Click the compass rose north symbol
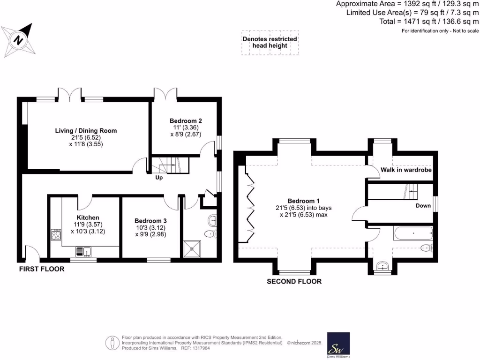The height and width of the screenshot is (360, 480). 18,40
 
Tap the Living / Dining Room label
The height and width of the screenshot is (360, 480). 86,131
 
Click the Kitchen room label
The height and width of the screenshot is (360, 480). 88,217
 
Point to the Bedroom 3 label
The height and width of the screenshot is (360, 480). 150,221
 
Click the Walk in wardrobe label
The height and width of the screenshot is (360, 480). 406,170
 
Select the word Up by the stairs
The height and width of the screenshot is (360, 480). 160,178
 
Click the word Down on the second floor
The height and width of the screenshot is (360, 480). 423,206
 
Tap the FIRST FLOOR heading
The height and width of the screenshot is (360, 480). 42,269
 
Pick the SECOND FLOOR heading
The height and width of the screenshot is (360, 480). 294,282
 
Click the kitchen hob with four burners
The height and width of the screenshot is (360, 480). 56,234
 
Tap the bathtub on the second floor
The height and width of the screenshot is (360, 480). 413,232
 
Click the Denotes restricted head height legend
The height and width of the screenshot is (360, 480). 270,43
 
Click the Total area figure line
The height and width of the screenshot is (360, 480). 429,22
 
